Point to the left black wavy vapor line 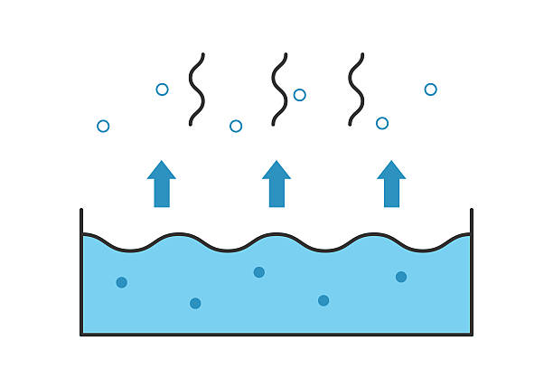pyautogui.click(x=197, y=89)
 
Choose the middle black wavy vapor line pyautogui.click(x=278, y=89)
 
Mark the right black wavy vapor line pyautogui.click(x=357, y=89)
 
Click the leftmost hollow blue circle pyautogui.click(x=103, y=126)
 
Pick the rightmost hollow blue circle pyautogui.click(x=430, y=89)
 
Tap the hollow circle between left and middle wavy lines pyautogui.click(x=236, y=126)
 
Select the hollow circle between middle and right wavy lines pyautogui.click(x=300, y=94)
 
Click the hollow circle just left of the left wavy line pyautogui.click(x=162, y=89)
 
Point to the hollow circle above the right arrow pyautogui.click(x=382, y=123)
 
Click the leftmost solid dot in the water pyautogui.click(x=122, y=282)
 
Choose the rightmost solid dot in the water pyautogui.click(x=401, y=277)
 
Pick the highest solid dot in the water pyautogui.click(x=259, y=272)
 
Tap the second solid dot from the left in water pyautogui.click(x=195, y=303)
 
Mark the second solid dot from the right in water pyautogui.click(x=323, y=300)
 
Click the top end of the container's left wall pyautogui.click(x=81, y=211)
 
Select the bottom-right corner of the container pyautogui.click(x=471, y=334)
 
